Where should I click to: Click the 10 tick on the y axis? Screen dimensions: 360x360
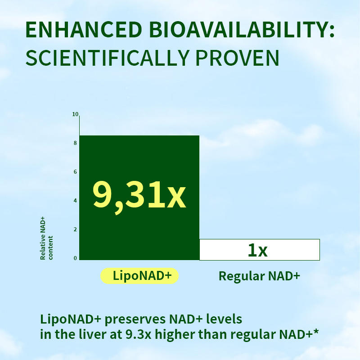(75, 114)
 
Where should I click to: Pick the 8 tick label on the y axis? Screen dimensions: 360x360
(75, 143)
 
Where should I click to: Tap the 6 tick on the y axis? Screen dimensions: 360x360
(75, 172)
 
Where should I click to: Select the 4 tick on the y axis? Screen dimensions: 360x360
(75, 201)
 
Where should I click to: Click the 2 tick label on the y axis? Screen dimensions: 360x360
(75, 229)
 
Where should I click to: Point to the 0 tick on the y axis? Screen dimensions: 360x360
(75, 258)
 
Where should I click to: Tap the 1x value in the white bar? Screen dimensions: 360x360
(257, 250)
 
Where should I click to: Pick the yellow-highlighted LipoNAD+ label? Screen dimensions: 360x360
(139, 275)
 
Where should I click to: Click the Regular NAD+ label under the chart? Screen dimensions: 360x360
(259, 275)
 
